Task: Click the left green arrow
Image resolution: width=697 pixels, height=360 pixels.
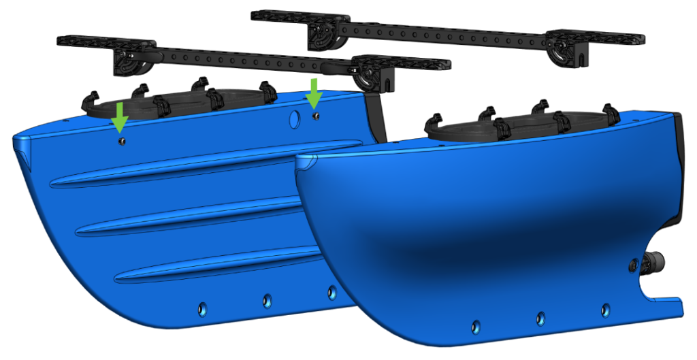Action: (119, 116)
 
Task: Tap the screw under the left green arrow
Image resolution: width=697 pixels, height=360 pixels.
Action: (120, 141)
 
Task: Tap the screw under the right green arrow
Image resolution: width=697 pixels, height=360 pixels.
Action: (315, 116)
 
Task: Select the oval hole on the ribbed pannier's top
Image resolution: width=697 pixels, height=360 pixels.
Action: (295, 118)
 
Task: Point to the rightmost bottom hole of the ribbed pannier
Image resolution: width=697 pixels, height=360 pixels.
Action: (331, 292)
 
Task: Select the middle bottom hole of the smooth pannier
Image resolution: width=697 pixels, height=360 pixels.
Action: (540, 317)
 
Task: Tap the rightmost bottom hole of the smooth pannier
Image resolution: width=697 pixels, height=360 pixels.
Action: (605, 310)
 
